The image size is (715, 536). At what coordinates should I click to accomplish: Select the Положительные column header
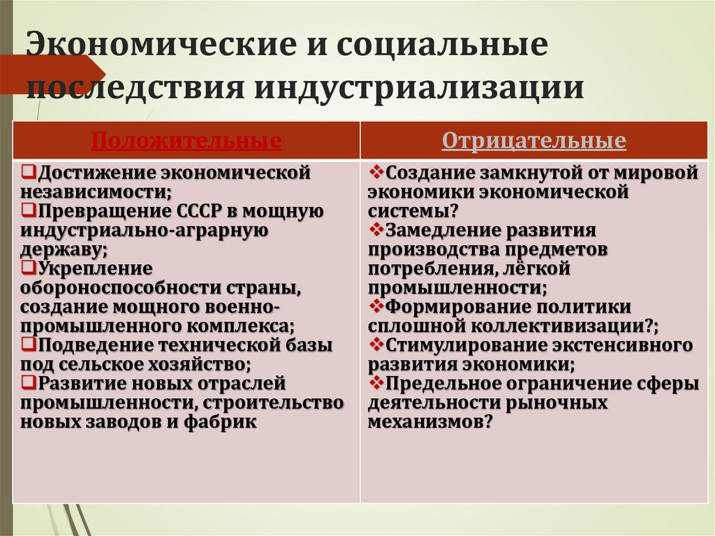186,141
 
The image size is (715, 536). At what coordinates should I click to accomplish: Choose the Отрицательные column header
533,141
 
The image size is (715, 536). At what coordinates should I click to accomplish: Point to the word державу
61,249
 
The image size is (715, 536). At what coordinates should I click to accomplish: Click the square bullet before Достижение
27,171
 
